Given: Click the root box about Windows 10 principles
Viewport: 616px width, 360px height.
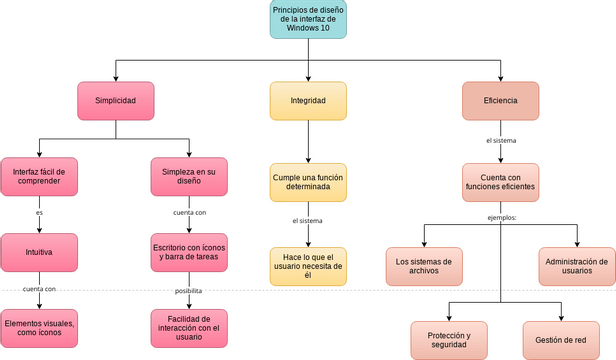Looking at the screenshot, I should coord(308,20).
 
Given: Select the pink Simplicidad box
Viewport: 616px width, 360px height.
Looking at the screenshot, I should coord(115,101).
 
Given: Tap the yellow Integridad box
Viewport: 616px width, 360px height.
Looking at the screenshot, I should coord(308,101).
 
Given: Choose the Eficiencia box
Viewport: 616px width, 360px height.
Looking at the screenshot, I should coord(500,101).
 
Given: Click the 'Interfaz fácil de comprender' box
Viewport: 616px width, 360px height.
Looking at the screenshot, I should coord(39,178).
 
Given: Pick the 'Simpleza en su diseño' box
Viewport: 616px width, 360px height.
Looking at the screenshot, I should coord(189,178).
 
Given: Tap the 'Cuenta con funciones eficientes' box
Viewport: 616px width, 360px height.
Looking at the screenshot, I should coord(500,181).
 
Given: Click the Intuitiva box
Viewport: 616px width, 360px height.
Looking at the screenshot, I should coord(39,252).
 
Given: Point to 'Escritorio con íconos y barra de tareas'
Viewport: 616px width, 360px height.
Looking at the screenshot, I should coord(189,252).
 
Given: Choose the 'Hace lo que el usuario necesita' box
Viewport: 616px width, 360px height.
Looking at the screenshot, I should coord(308,267).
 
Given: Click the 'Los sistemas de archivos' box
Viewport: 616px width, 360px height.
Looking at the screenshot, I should coord(424,267).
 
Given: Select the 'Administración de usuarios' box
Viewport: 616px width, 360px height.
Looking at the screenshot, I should coord(577,267).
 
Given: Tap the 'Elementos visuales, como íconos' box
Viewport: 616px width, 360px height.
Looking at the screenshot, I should coord(39,327).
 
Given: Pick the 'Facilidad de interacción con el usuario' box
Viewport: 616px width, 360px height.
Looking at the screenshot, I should coord(189,327).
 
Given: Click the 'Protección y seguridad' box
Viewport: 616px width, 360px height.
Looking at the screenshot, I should coord(449,340).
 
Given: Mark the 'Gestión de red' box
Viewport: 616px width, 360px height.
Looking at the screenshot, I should coord(560,340).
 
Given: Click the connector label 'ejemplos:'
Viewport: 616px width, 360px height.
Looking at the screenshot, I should coord(501,218).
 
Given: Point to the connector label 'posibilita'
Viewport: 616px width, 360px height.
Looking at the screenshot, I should coord(189,291).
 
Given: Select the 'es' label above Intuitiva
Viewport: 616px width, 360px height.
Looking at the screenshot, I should coord(39,213).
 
